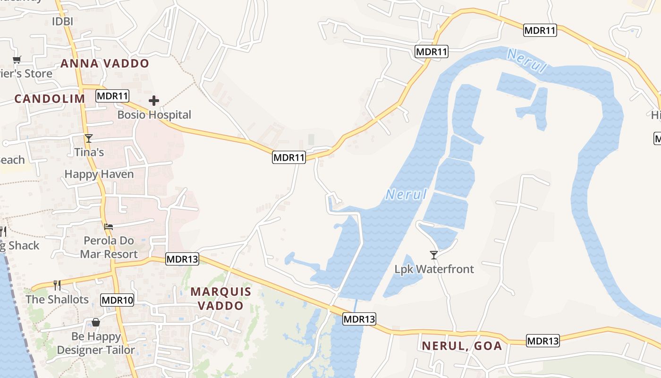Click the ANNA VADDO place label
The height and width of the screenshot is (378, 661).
pos(105,63)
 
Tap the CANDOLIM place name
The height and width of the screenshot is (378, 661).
pos(50,99)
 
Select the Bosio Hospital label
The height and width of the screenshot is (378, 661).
pos(154,115)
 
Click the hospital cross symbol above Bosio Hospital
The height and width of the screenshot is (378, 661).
pos(154,101)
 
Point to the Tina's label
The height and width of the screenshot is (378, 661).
pos(89,152)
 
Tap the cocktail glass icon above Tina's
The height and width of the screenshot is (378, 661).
pos(88,138)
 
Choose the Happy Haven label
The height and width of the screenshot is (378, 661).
pos(99,174)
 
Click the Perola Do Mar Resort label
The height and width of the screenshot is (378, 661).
pos(109,248)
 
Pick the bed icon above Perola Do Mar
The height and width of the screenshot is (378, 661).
pos(109,227)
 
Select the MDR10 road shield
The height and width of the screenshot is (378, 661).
pos(118,300)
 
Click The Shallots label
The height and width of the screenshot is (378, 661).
pos(57,300)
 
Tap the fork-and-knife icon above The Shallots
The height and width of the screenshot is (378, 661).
pos(57,285)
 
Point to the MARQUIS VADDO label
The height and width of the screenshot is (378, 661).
pos(221,299)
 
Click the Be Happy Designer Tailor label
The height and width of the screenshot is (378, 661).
pos(96,344)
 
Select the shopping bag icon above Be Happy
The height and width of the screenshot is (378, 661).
pos(96,322)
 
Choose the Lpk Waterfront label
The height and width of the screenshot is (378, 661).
pos(434,269)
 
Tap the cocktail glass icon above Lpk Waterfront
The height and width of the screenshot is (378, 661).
pos(434,255)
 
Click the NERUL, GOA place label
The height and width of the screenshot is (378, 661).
pos(462,346)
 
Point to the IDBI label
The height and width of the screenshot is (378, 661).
pos(62,22)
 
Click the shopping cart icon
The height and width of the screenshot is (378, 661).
pos(17,60)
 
